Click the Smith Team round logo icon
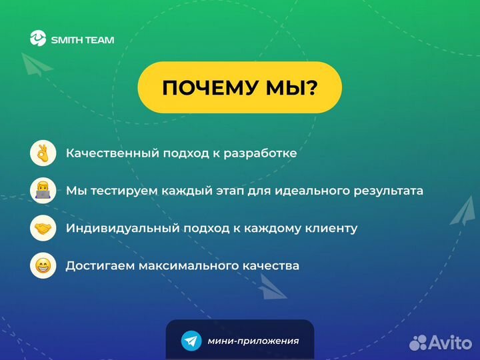tap(38, 39)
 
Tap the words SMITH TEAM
tap(83, 40)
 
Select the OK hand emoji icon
tap(43, 153)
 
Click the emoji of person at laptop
tap(43, 191)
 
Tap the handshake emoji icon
tap(43, 228)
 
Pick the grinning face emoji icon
tap(43, 265)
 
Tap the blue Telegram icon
tap(191, 341)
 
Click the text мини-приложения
tap(253, 341)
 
